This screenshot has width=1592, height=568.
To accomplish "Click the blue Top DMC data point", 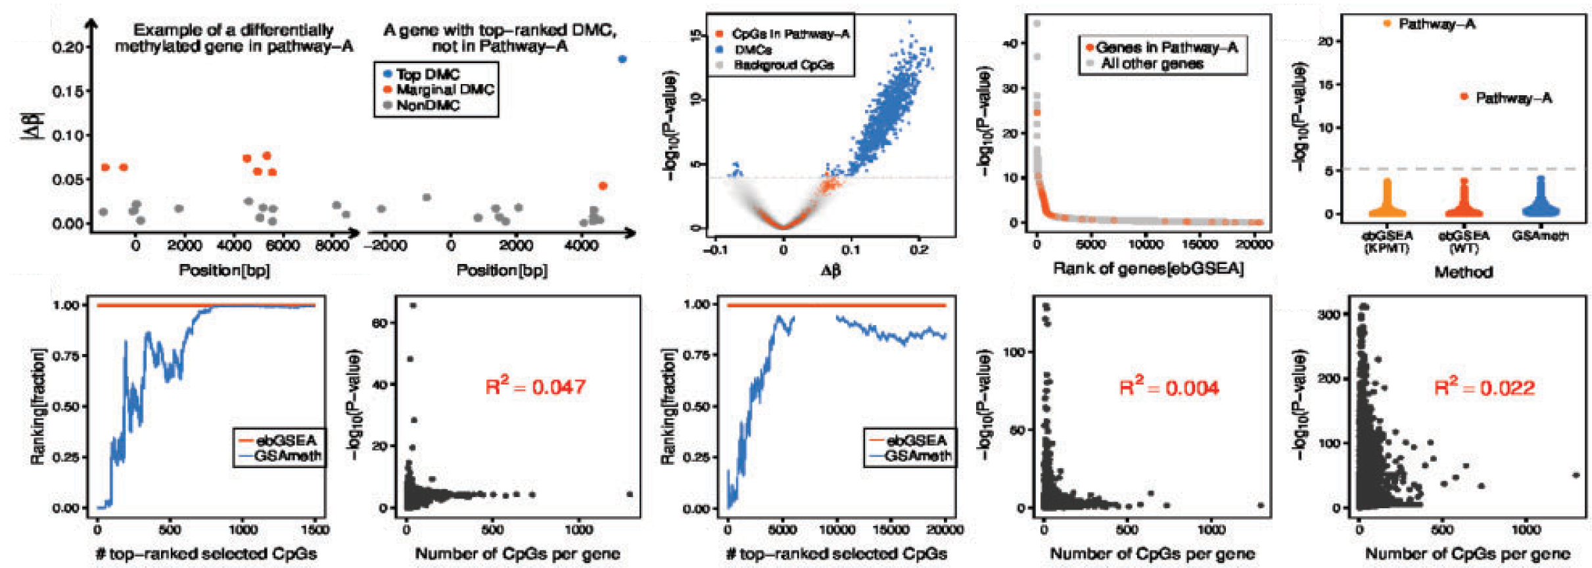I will [622, 59].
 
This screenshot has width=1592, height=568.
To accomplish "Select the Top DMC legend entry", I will [427, 74].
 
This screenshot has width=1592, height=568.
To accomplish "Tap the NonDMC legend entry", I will [427, 105].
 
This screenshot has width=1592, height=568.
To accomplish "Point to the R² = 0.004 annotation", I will [1169, 387].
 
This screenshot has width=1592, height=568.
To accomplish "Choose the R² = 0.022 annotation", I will [1484, 387].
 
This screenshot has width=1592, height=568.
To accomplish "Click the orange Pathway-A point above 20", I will [1387, 24].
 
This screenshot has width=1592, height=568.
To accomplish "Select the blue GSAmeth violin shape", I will [1540, 203].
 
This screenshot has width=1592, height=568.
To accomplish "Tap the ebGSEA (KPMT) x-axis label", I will [1387, 242].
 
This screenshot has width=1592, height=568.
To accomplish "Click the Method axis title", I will [1463, 272].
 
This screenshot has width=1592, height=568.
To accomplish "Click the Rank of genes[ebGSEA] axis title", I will [1148, 269].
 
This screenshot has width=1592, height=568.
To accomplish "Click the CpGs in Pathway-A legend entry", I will [789, 33].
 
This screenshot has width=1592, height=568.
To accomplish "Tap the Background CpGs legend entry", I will [783, 65].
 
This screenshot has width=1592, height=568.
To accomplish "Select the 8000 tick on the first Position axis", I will [333, 246].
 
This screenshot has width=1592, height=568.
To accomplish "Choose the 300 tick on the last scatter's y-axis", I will [1329, 315].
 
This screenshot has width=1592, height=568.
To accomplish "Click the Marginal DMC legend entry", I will [444, 89].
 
